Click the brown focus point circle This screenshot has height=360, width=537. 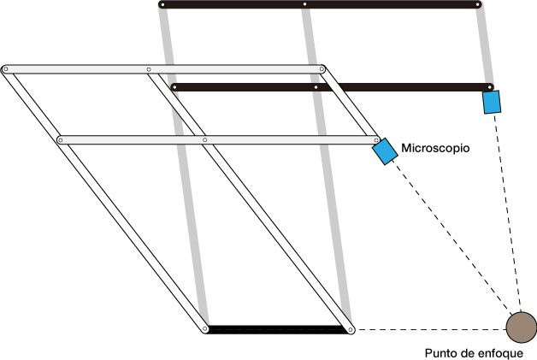pos(521,327)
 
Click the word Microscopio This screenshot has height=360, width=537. pos(437,148)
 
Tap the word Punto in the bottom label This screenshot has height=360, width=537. pos(442,351)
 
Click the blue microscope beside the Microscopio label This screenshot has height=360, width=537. pos(385,151)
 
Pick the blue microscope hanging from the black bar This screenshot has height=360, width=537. pos(491,103)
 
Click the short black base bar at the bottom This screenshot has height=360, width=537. pos(277,329)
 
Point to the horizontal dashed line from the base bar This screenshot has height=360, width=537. pos(428,328)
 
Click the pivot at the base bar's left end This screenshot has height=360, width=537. pos(205,328)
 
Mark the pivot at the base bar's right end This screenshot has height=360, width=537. pos(349,328)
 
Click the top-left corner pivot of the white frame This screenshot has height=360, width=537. pos(6,68)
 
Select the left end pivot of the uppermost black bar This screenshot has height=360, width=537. pos(162,5)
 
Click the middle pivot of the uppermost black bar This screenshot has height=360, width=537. pos(304,5)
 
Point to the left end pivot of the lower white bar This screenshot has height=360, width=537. pos(60,139)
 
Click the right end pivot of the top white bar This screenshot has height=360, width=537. pos(322,68)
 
